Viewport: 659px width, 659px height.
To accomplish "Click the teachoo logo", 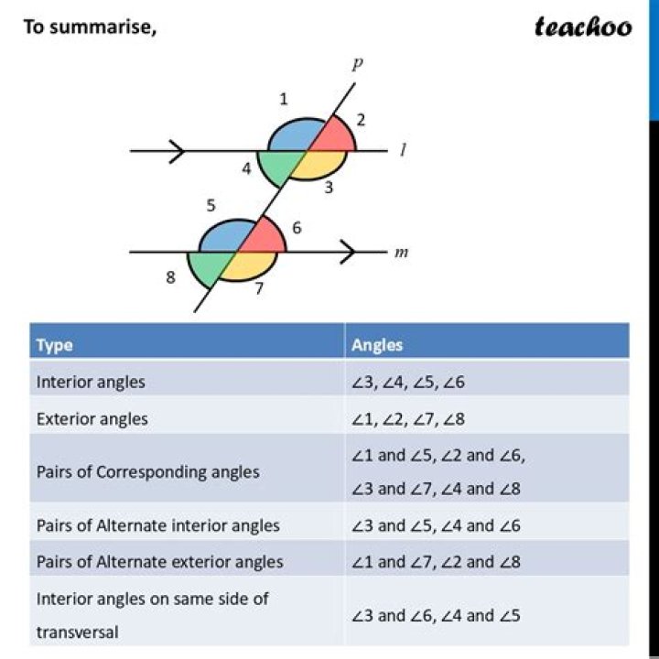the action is pyautogui.click(x=583, y=27).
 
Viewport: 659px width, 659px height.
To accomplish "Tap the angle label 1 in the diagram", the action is pyautogui.click(x=284, y=99).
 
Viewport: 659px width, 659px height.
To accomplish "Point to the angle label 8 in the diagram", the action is pyautogui.click(x=170, y=277).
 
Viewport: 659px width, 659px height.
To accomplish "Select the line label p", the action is pyautogui.click(x=357, y=64).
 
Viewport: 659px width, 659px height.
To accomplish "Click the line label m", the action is pyautogui.click(x=401, y=253).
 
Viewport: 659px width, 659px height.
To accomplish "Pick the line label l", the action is pyautogui.click(x=403, y=149).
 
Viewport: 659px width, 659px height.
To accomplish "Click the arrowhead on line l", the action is pyautogui.click(x=177, y=151).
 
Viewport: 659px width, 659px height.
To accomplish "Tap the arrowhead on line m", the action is pyautogui.click(x=348, y=253).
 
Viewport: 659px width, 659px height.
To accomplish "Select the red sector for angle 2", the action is pyautogui.click(x=335, y=135).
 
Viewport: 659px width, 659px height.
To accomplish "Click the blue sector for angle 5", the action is pyautogui.click(x=223, y=238).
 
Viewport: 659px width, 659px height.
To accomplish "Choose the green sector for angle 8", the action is pyautogui.click(x=207, y=267).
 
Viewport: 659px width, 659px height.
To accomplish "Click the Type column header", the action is pyautogui.click(x=55, y=345).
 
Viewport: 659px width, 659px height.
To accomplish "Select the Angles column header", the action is pyautogui.click(x=377, y=345).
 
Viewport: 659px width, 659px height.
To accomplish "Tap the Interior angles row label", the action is pyautogui.click(x=91, y=382).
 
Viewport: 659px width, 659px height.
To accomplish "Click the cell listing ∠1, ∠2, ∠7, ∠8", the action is pyautogui.click(x=408, y=419).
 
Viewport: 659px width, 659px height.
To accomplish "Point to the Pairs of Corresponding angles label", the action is pyautogui.click(x=148, y=472).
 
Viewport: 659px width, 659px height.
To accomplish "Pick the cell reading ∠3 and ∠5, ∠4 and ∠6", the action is pyautogui.click(x=436, y=525).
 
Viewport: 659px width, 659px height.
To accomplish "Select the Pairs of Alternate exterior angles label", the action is pyautogui.click(x=159, y=562).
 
